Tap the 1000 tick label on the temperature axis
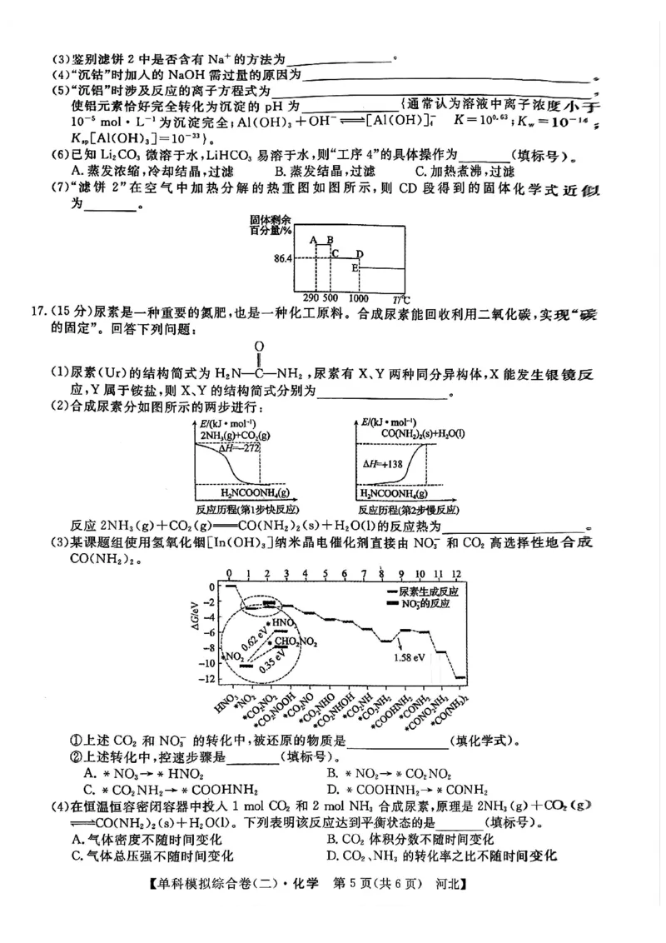pyautogui.click(x=359, y=298)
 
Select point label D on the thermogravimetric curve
pyautogui.click(x=360, y=253)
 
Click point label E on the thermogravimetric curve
pyautogui.click(x=355, y=267)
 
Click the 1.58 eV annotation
pyautogui.click(x=410, y=657)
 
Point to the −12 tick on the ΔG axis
pyautogui.click(x=206, y=679)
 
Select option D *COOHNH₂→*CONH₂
pyautogui.click(x=408, y=790)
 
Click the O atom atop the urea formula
pyautogui.click(x=259, y=346)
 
